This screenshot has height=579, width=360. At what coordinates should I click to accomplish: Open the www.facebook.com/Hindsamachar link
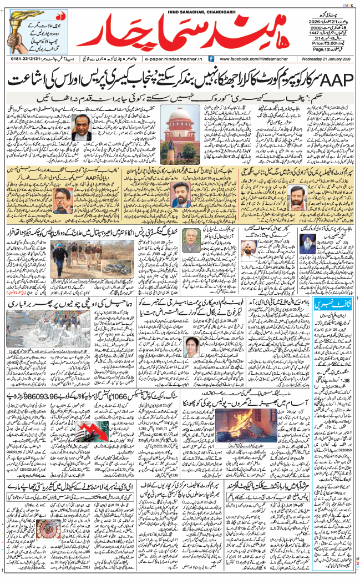coord(253,58)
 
